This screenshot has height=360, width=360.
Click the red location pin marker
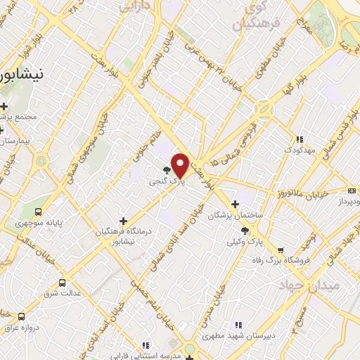[x=180, y=165]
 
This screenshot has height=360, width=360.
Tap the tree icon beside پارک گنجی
[x=167, y=170]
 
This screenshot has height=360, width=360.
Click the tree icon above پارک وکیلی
[x=245, y=231]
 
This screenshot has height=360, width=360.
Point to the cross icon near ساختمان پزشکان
[x=235, y=205]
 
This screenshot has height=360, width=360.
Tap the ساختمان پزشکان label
[x=235, y=217]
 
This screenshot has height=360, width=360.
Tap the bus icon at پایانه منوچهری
[x=38, y=212]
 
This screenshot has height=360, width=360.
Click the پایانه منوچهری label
[x=40, y=223]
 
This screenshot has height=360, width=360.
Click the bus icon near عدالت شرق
[x=63, y=283]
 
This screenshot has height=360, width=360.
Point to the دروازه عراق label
[x=20, y=328]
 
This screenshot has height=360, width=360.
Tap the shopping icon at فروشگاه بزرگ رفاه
[x=281, y=250]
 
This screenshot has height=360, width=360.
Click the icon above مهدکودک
[x=300, y=139]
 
